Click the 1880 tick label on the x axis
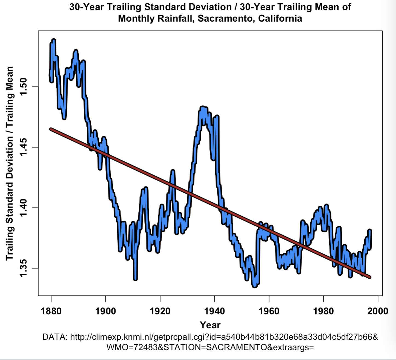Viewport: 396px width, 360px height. [51, 311]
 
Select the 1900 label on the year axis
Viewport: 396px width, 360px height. [106, 311]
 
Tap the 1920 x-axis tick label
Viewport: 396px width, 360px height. [160, 311]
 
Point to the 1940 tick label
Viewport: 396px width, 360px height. [214, 311]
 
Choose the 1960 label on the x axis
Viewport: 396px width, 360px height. [269, 311]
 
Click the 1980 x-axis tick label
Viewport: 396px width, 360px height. [323, 311]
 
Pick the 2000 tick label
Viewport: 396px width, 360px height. [378, 311]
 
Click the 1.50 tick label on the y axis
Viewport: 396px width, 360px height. [24, 87]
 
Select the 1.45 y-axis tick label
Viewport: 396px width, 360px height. [24, 147]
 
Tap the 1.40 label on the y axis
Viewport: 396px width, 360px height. [24, 208]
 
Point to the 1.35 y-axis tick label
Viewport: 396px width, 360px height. [24, 268]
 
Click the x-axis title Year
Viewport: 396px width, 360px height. [210, 325]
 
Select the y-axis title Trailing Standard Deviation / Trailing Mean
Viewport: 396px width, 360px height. [9, 163]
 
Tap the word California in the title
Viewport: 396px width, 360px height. [280, 19]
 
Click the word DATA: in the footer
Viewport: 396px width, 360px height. [55, 337]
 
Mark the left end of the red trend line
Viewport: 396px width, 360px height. [51, 129]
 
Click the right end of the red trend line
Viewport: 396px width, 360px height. [370, 277]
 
